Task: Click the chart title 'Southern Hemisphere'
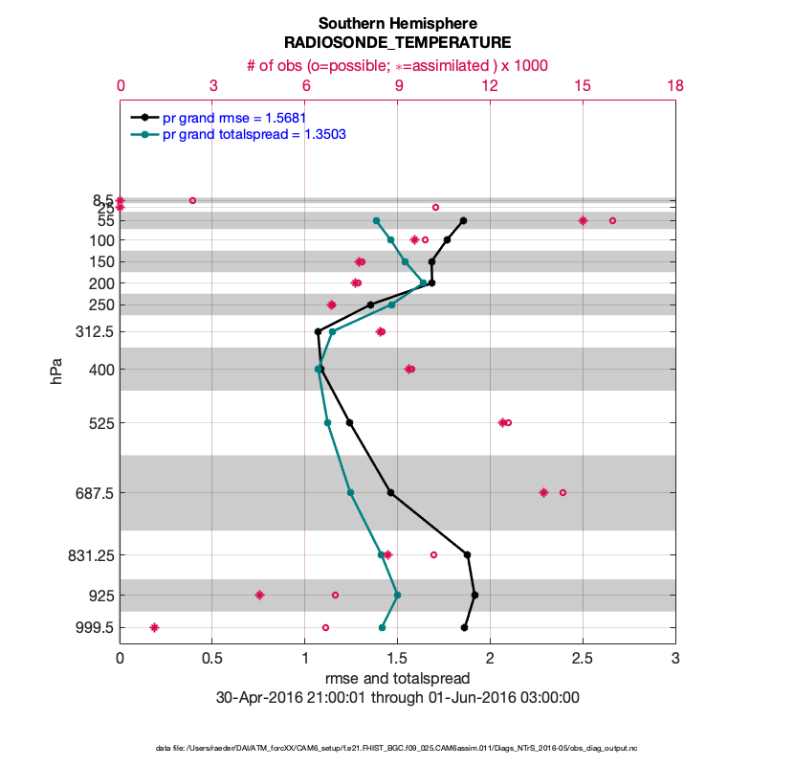tap(397, 23)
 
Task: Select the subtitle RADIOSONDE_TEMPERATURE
tap(397, 43)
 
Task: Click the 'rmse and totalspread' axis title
tap(397, 679)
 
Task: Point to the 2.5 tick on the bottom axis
tap(583, 659)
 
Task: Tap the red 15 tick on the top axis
tap(583, 85)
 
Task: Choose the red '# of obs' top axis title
tap(397, 64)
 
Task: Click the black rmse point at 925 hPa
tap(474, 595)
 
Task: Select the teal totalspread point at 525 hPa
tap(327, 422)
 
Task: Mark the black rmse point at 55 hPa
tap(463, 220)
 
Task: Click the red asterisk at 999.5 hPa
tap(154, 628)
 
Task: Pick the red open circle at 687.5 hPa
tap(562, 492)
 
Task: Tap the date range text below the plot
tap(397, 698)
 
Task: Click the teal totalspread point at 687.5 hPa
tap(350, 492)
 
